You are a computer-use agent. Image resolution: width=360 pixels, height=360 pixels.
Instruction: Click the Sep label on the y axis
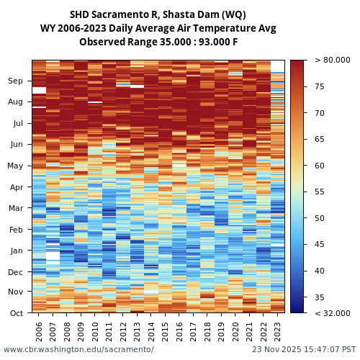pyautogui.click(x=16, y=81)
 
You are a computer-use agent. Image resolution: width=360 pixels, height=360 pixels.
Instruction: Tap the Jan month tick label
pyautogui.click(x=16, y=251)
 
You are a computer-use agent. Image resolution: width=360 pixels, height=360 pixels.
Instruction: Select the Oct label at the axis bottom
pyautogui.click(x=16, y=313)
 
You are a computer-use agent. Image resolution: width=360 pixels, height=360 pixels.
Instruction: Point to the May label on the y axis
pyautogui.click(x=15, y=166)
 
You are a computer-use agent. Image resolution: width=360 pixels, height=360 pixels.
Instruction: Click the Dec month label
pyautogui.click(x=16, y=272)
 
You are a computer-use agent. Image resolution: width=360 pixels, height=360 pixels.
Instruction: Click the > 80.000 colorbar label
pyautogui.click(x=332, y=60)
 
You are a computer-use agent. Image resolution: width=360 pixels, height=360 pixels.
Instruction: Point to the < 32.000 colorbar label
pyautogui.click(x=332, y=313)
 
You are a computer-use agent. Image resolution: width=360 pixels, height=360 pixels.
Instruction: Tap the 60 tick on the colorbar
pyautogui.click(x=320, y=166)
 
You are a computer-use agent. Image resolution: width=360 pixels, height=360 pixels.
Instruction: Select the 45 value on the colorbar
pyautogui.click(x=320, y=245)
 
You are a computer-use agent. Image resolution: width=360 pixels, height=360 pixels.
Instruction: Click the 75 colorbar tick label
pyautogui.click(x=320, y=87)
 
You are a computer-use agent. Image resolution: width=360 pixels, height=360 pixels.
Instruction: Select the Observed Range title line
pyautogui.click(x=158, y=42)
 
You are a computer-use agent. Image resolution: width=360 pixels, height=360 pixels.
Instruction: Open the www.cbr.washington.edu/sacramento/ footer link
pyautogui.click(x=78, y=349)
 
